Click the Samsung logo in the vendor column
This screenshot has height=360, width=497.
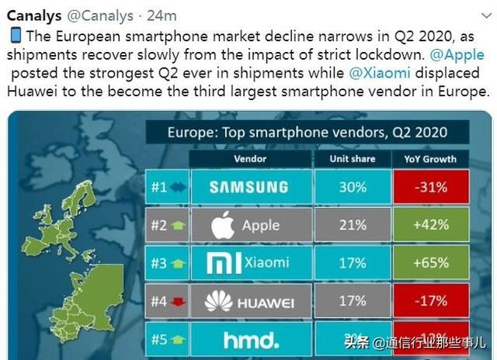pyautogui.click(x=248, y=187)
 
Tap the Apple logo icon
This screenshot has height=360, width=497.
pyautogui.click(x=223, y=226)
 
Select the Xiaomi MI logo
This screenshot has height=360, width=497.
pyautogui.click(x=219, y=264)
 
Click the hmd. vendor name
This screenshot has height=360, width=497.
pyautogui.click(x=249, y=339)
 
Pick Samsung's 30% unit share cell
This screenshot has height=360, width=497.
pyautogui.click(x=352, y=187)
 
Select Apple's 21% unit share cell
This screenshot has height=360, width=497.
pyautogui.click(x=352, y=225)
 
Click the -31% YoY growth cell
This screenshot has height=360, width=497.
pyautogui.click(x=429, y=187)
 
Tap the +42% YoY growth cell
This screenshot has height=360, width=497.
pyautogui.click(x=429, y=225)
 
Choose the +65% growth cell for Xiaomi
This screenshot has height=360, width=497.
pyautogui.click(x=429, y=264)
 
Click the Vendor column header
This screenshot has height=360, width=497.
pyautogui.click(x=249, y=159)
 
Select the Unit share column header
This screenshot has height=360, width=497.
pyautogui.click(x=352, y=159)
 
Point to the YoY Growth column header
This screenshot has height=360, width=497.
pyautogui.click(x=429, y=159)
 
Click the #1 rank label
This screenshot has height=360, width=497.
pyautogui.click(x=159, y=187)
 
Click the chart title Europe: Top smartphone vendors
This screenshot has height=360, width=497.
pyautogui.click(x=307, y=132)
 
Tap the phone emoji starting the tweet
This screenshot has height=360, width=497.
pyautogui.click(x=15, y=36)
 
